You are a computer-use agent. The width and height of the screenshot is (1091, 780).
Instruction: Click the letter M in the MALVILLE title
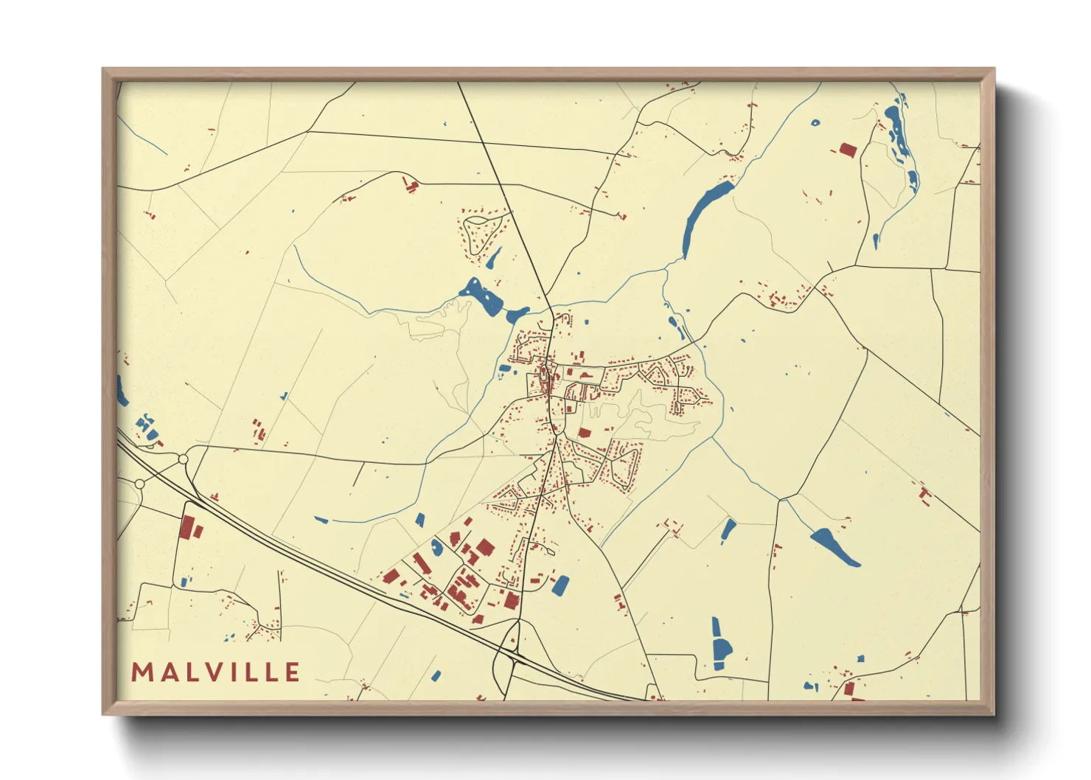pos(140,672)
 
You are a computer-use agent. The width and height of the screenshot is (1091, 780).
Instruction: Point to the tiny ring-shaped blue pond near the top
pos(815,123)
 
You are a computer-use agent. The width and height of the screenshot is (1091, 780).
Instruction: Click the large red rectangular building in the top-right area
pos(848,150)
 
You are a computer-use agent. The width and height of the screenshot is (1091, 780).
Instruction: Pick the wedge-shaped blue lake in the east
pos(835,547)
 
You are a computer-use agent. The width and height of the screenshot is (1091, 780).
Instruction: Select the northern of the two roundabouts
pos(183,459)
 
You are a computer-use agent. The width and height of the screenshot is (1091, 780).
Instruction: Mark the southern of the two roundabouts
pos(139,484)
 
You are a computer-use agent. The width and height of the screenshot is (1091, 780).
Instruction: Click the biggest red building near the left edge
pos(187,526)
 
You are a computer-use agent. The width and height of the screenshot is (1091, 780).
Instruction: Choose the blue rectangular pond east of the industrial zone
pos(561,585)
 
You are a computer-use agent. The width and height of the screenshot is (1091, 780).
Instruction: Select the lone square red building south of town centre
pos(585,433)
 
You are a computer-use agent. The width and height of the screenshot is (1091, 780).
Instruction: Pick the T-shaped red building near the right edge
pos(924,492)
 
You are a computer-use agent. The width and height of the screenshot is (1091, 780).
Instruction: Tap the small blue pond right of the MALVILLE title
pos(436,675)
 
